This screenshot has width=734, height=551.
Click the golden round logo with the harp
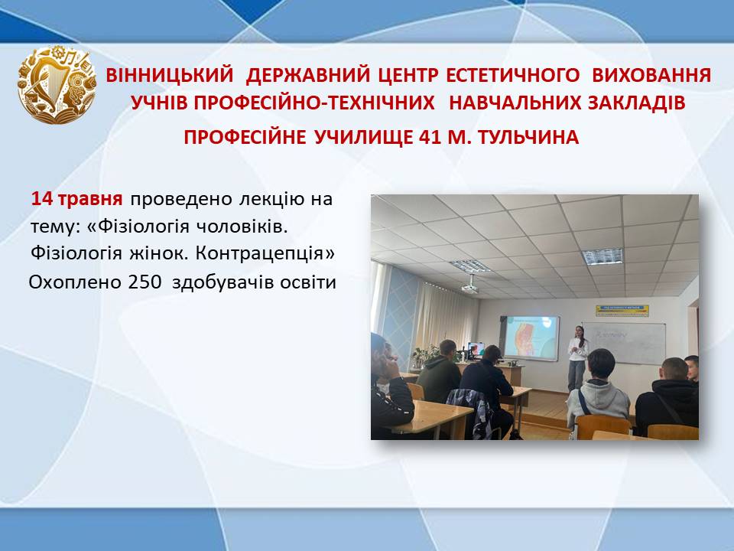(x=57, y=84)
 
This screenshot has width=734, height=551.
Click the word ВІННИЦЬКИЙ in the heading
(x=170, y=75)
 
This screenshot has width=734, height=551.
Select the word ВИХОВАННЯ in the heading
(x=651, y=75)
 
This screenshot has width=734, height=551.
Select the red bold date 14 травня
(x=76, y=199)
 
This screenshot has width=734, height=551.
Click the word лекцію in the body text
(x=272, y=200)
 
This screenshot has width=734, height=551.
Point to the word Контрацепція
(x=265, y=254)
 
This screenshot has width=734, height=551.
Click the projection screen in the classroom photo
(x=531, y=337)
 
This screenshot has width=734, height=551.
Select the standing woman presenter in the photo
(x=577, y=358)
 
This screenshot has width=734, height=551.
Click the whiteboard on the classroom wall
(x=624, y=343)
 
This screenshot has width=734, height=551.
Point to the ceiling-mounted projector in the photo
(x=469, y=286)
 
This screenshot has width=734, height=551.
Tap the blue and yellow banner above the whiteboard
(x=622, y=310)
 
